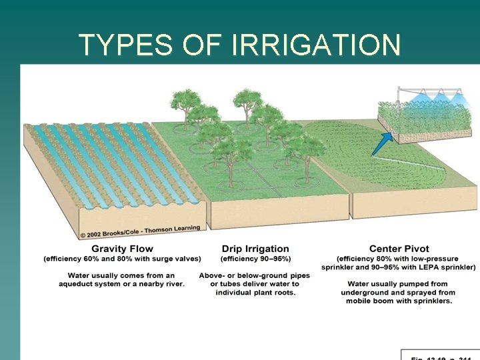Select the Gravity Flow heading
click(x=122, y=249)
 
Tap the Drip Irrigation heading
click(x=255, y=249)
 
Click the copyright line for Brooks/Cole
click(x=140, y=231)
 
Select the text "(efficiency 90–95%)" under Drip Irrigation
click(x=255, y=259)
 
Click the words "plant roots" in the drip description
click(x=272, y=293)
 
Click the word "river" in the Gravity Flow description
click(x=172, y=284)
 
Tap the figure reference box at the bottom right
click(x=439, y=354)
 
